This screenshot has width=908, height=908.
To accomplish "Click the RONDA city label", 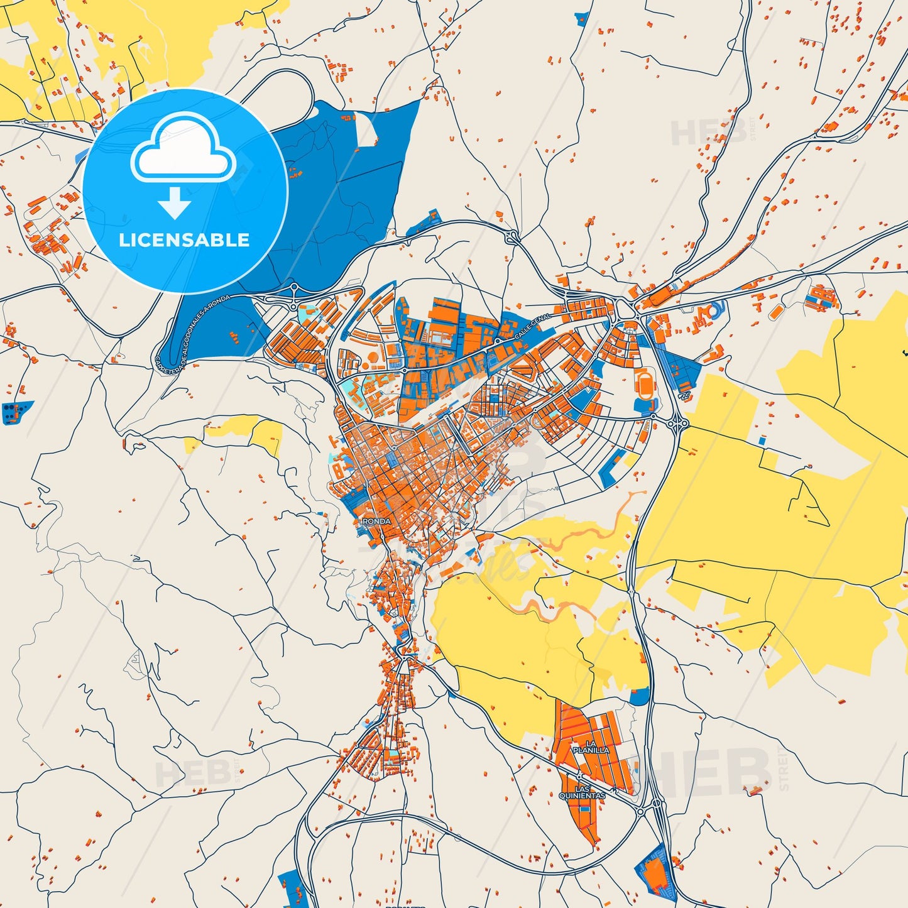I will click(376, 522).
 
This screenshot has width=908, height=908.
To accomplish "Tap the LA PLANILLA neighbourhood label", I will click(591, 747).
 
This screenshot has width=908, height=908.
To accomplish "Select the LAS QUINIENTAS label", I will click(582, 792).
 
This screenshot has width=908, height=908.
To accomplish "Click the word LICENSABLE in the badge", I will click(184, 240).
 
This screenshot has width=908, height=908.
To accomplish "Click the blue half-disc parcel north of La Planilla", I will click(639, 696).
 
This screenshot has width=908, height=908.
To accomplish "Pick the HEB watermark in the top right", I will click(710, 131).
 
